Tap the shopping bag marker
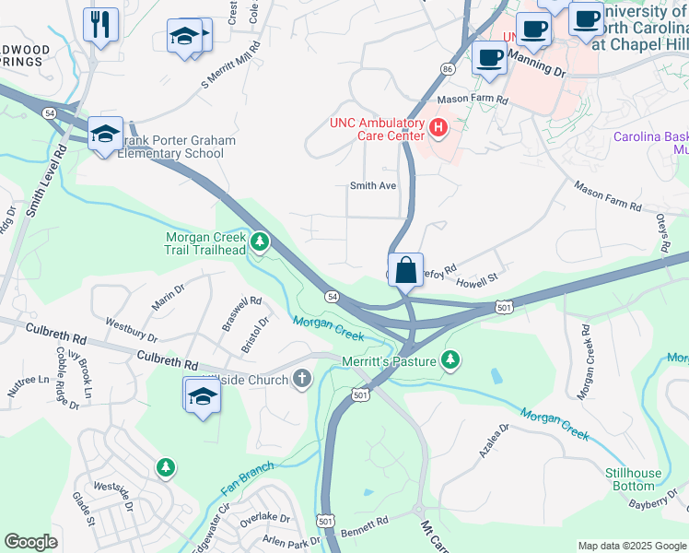(x=405, y=270)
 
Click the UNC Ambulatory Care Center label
(x=378, y=130)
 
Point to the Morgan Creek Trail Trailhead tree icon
(x=261, y=242)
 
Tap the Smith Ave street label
(x=372, y=186)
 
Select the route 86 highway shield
(x=448, y=69)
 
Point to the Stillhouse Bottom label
(x=633, y=479)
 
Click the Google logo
(x=31, y=542)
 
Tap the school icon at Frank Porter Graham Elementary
(x=105, y=133)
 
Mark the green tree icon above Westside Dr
(x=165, y=468)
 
